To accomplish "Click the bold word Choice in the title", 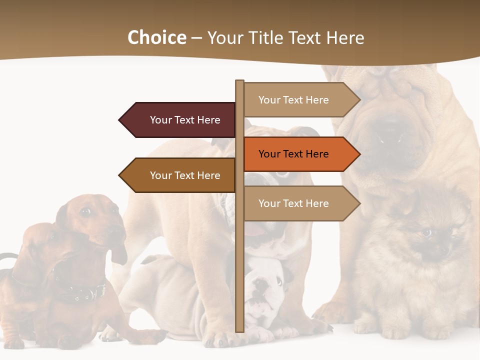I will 156,37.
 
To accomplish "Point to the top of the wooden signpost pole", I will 240,82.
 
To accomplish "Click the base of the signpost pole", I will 240,329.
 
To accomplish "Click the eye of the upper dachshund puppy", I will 86,211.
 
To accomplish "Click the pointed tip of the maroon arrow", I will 120,120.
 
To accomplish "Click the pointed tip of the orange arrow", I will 359,154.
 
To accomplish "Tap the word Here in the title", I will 345,38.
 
